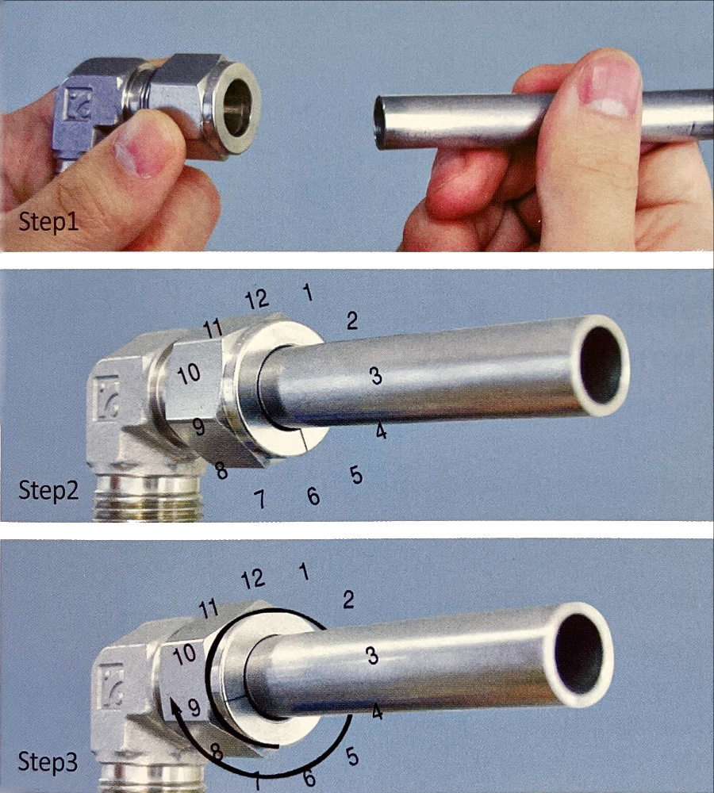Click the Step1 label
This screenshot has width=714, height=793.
pos(48,222)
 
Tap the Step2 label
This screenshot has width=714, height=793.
pos(48,490)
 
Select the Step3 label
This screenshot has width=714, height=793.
pos(48,761)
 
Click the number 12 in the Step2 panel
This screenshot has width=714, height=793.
pos(257,300)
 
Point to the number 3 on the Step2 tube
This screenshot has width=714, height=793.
pos(375,376)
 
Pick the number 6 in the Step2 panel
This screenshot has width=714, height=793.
pos(313,496)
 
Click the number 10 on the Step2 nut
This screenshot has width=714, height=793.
pos(189,374)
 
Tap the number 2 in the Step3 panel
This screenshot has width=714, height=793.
pos(348,600)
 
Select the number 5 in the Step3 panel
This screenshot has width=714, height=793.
pos(352,757)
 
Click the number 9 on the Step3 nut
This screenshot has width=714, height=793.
pos(194,707)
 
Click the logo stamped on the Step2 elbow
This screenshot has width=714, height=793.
pos(108,398)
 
